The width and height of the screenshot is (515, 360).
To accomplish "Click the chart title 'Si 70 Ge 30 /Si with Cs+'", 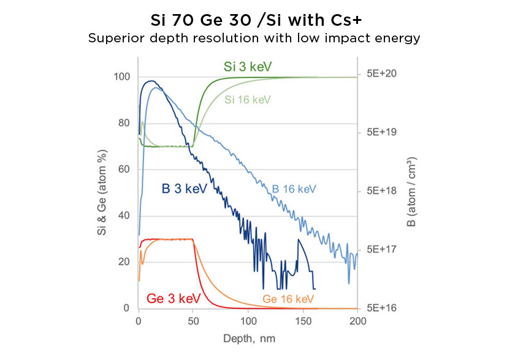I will (257, 19).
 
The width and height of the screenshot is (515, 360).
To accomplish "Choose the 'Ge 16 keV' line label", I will (288, 299).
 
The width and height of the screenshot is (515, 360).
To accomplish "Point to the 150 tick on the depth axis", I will (303, 320).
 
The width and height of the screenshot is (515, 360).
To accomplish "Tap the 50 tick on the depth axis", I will (193, 320).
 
